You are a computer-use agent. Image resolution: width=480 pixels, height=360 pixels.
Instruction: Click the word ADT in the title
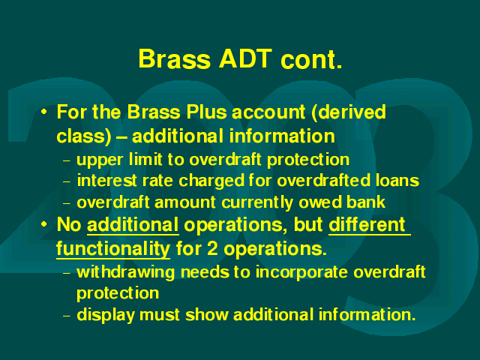pos(245,58)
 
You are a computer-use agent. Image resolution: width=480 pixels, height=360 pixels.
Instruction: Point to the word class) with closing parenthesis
pos(84,136)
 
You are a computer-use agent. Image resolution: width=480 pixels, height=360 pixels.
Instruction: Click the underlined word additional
pos(133,225)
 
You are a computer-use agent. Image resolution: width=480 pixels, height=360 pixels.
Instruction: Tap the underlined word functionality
pos(113,248)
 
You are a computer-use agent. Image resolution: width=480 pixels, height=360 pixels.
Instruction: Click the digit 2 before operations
pos(212,248)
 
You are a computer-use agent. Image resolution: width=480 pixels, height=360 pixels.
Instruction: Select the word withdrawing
pos(125,272)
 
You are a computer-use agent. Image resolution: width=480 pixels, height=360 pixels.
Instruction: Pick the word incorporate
pos(301,272)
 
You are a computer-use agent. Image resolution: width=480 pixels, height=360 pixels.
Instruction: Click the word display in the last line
pos(106,315)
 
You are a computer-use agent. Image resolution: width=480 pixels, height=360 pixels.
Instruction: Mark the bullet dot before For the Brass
pos(44,112)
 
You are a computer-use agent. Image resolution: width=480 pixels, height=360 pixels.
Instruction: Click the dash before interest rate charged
pos(67,181)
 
